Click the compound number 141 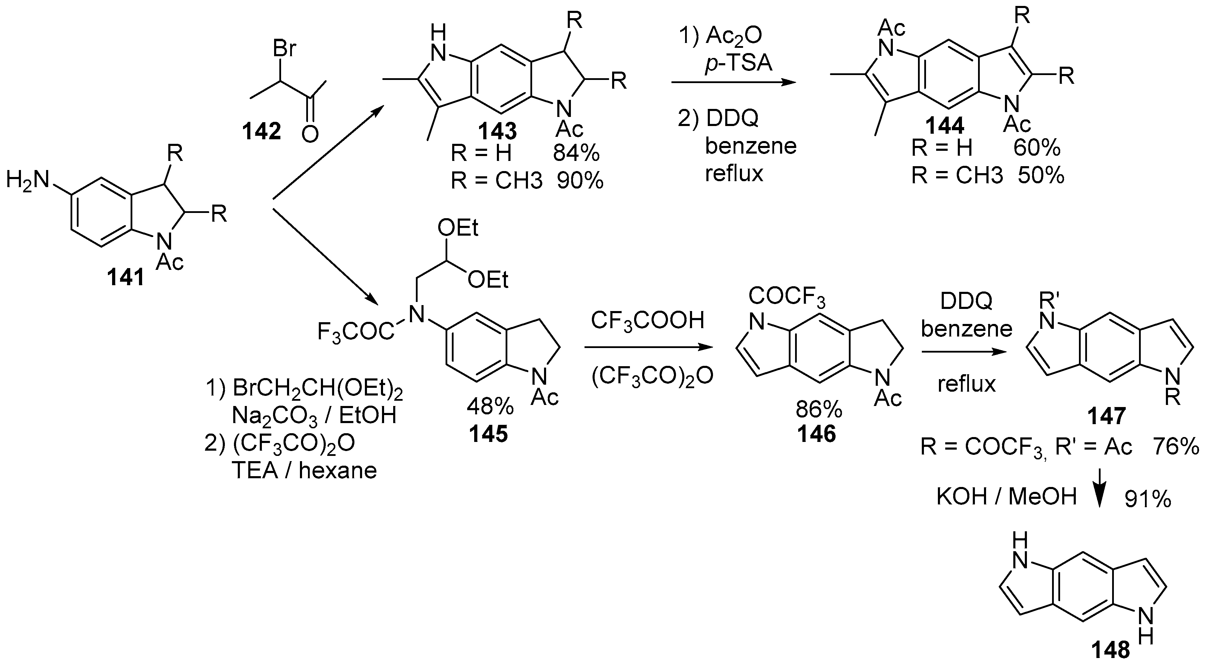click(x=125, y=278)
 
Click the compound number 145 click(x=488, y=435)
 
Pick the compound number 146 click(x=817, y=435)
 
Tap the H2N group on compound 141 click(x=28, y=180)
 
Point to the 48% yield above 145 click(x=490, y=407)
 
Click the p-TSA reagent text click(x=738, y=63)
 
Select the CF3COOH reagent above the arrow click(x=647, y=321)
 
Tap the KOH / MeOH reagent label click(x=1007, y=497)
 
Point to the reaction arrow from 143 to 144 click(x=733, y=83)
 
